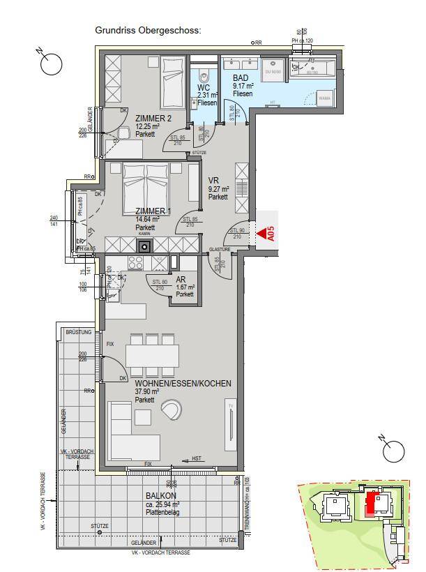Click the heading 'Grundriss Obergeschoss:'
click(x=148, y=31)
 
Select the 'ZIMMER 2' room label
click(x=153, y=118)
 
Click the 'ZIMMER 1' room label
click(x=153, y=211)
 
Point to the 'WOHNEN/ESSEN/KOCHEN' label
click(x=183, y=383)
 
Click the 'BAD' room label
click(x=241, y=78)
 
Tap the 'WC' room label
click(x=203, y=87)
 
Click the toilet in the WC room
click(x=204, y=77)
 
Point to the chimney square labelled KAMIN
click(x=144, y=245)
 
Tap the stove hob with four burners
click(x=135, y=263)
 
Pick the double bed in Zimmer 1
click(x=146, y=184)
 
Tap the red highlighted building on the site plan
click(x=373, y=502)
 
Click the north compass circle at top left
click(x=51, y=64)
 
